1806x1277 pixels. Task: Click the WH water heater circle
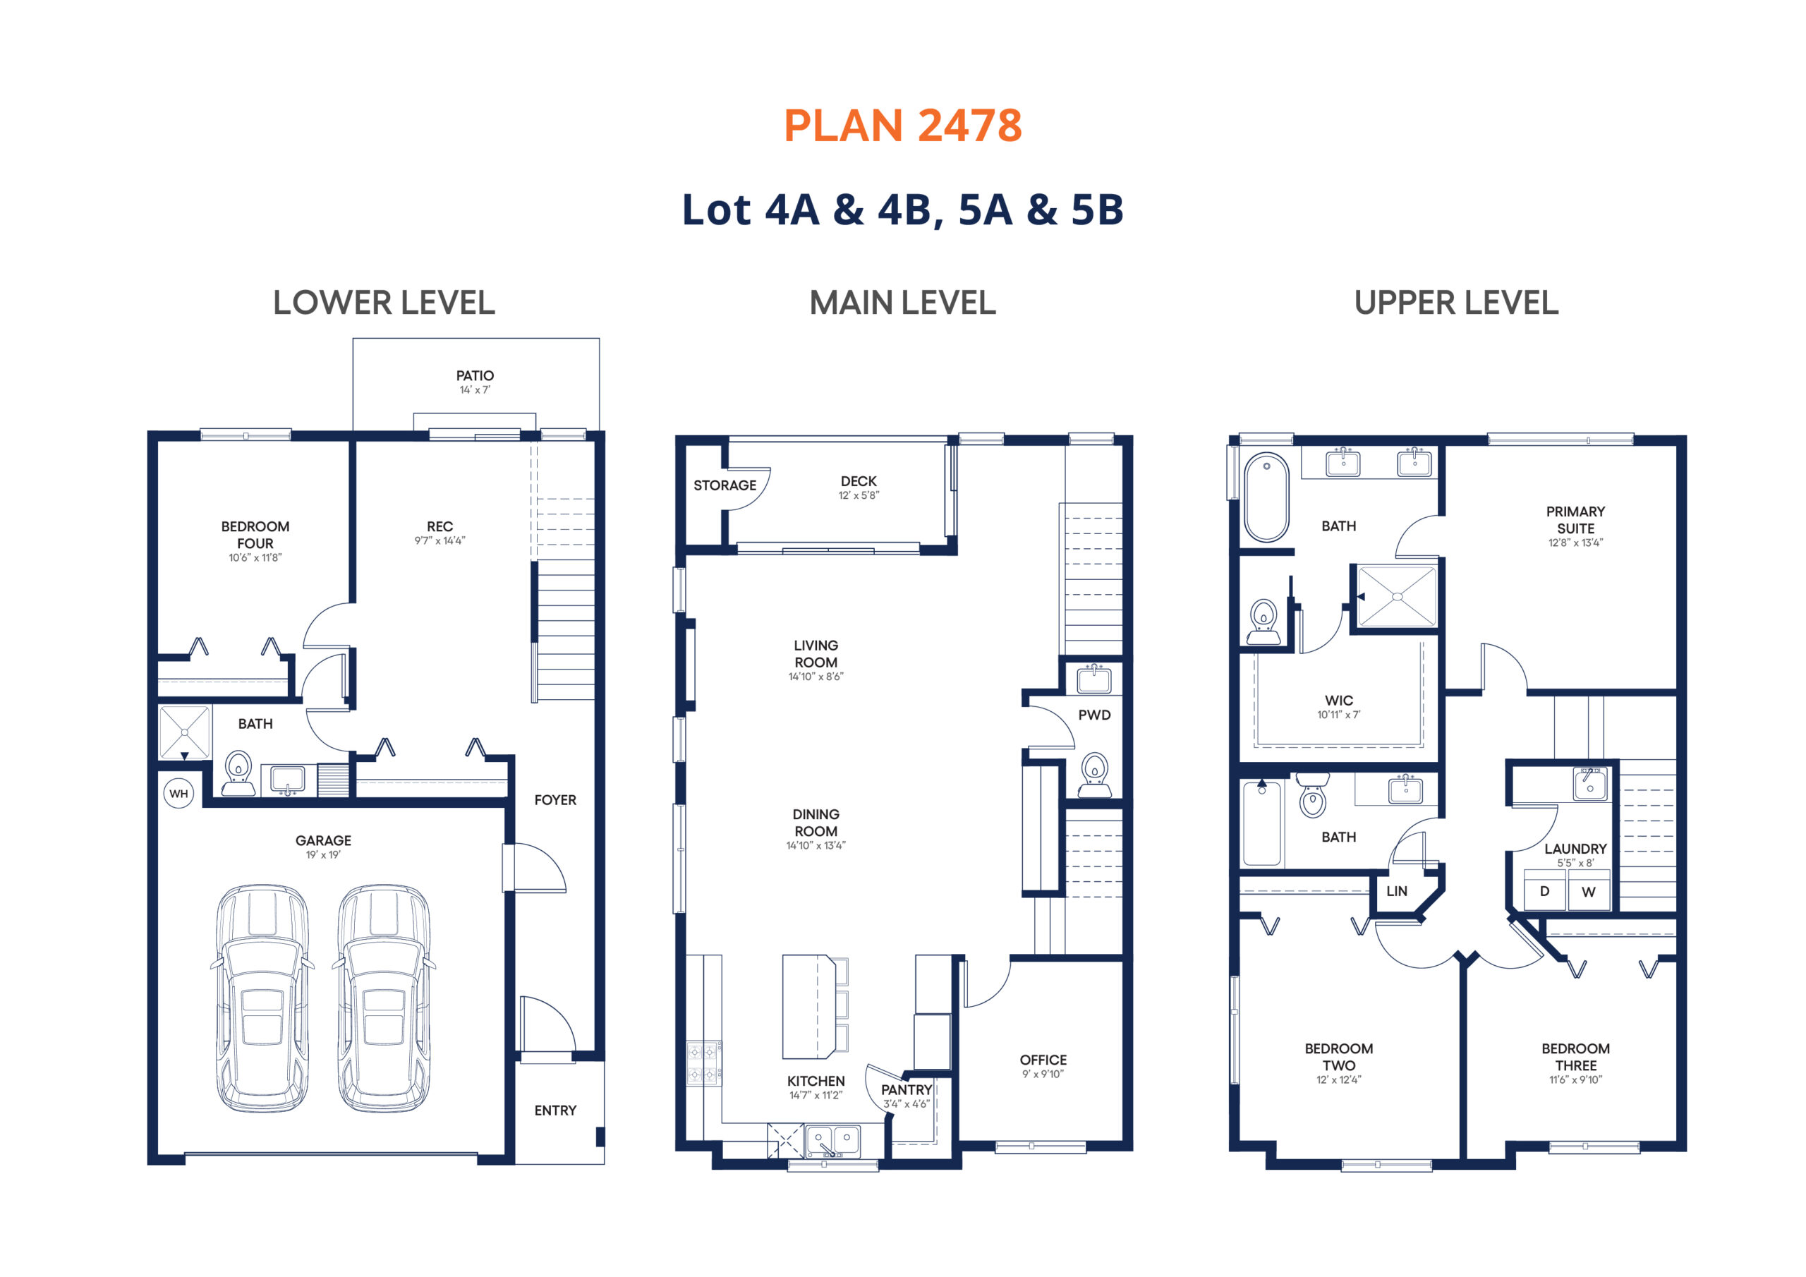coord(178,793)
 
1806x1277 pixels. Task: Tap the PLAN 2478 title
coord(903,126)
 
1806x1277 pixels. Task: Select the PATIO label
coord(475,375)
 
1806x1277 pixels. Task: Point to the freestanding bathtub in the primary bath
coord(1266,497)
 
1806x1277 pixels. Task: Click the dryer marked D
coord(1545,890)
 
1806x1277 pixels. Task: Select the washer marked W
coord(1589,890)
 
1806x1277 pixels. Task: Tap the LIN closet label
coord(1397,890)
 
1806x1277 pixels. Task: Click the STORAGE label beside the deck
coord(725,485)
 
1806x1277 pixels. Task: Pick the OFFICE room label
coord(1043,1060)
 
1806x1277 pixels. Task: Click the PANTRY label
coord(906,1090)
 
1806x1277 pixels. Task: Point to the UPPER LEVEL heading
coord(1456,303)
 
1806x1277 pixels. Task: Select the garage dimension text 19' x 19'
coord(323,854)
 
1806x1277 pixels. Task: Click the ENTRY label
coord(555,1110)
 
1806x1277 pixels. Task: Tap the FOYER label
coord(555,799)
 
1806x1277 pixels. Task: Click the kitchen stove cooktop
coord(703,1063)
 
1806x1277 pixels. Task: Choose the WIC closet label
coord(1339,701)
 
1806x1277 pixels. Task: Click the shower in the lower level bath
coord(184,732)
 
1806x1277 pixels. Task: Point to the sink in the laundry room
coord(1589,785)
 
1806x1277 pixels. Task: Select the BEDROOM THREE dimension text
coord(1575,1079)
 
